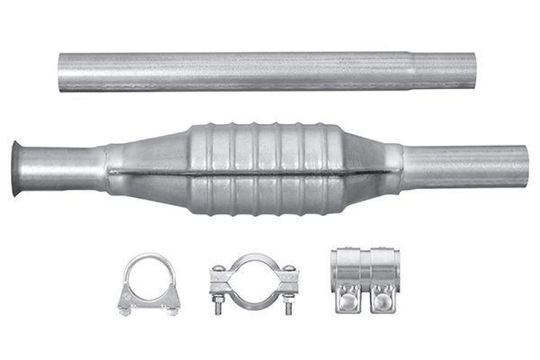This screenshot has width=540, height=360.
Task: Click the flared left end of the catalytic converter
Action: [x=16, y=169]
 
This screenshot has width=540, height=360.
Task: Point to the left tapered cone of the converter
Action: [x=145, y=170]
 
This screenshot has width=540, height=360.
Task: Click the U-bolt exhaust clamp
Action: [x=148, y=284]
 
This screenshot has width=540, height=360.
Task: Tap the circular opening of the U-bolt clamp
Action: [x=148, y=279]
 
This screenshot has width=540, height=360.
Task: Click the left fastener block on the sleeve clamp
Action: [x=348, y=297]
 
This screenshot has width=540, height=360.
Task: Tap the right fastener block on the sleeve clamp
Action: [x=383, y=297]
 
